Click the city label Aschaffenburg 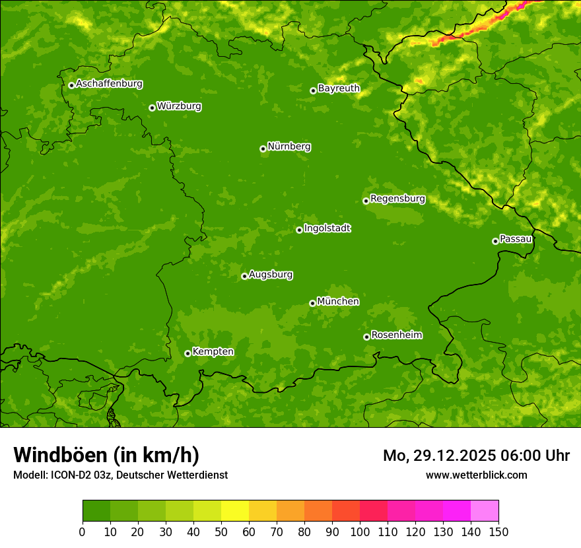[x=109, y=84]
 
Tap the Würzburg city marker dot [x=152, y=108]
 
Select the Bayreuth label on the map [x=339, y=88]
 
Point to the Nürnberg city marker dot [x=263, y=149]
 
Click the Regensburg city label [x=397, y=199]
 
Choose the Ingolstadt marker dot [x=299, y=230]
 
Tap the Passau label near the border [x=516, y=239]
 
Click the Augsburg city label [x=271, y=275]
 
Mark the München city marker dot [x=312, y=303]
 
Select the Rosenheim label [x=396, y=335]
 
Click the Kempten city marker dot [x=188, y=353]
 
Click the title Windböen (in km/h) [x=106, y=455]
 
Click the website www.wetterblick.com [x=476, y=475]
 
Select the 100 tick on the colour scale [x=360, y=531]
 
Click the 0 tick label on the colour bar [x=83, y=531]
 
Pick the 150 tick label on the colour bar [x=498, y=531]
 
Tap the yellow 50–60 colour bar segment [x=235, y=511]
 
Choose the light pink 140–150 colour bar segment [x=485, y=511]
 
